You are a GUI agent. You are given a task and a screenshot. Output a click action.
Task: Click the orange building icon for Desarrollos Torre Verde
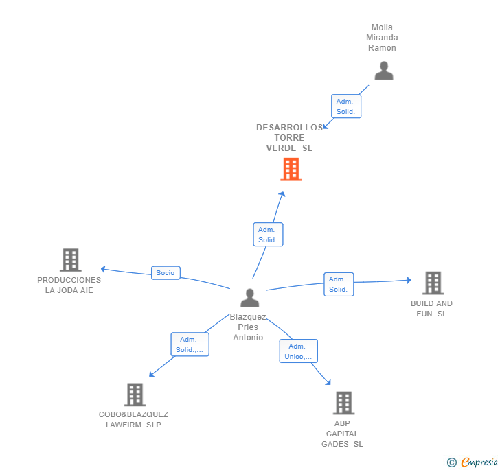pos(291,169)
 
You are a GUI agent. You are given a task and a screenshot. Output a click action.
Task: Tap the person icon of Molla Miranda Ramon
pos(383,71)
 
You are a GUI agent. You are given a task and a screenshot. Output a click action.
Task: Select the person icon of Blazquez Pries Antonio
pos(250,298)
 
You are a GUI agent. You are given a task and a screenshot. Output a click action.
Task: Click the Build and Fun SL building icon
pos(432,283)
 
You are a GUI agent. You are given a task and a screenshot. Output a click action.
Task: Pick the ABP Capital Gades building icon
pos(343,403)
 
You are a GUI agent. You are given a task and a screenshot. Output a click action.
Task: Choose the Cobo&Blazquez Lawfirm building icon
pos(135,395)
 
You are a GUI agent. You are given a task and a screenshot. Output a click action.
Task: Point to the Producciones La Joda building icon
pos(70,260)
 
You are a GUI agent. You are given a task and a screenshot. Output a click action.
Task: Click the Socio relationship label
pos(166,272)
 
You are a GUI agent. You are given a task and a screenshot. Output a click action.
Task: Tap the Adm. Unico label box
pos(298,351)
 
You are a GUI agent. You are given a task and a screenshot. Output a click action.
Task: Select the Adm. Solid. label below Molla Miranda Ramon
pos(345,106)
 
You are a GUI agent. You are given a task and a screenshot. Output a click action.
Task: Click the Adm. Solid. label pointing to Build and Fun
pos(338,284)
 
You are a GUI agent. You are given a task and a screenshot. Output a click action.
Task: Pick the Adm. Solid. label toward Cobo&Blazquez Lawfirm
pos(189,344)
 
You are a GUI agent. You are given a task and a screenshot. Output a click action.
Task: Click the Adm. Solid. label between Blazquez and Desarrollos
pos(268,235)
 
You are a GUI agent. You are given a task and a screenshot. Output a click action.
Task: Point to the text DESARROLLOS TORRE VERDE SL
pos(289,138)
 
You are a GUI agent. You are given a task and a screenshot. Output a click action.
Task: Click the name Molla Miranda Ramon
pos(382,38)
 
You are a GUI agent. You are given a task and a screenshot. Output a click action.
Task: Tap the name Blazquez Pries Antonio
pos(248,327)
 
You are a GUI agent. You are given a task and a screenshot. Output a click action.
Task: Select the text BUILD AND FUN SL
pos(431,309)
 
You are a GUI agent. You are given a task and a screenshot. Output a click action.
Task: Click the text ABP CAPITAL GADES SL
pos(342,434)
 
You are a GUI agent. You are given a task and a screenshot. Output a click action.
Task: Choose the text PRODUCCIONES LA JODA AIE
pos(69,285)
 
